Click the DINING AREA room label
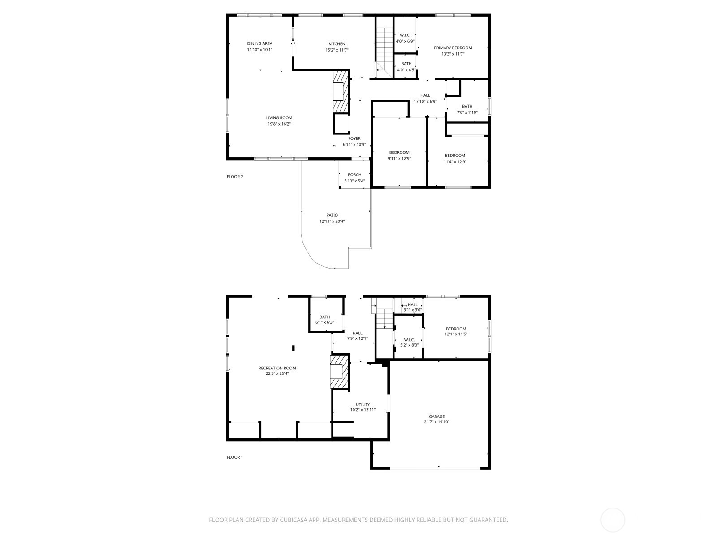click(259, 43)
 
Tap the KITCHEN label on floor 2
click(337, 44)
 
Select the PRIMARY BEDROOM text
click(453, 48)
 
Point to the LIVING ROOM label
click(279, 118)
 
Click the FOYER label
click(354, 139)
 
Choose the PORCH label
click(354, 175)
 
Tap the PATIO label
click(332, 215)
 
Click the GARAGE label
click(436, 417)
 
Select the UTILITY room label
click(363, 404)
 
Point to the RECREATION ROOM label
click(277, 368)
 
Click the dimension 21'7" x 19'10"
click(436, 422)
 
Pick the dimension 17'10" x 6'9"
click(425, 101)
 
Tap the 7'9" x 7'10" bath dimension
click(467, 113)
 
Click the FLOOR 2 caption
click(235, 177)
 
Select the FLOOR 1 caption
click(235, 457)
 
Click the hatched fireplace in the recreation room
click(339, 372)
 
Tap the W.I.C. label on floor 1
click(409, 339)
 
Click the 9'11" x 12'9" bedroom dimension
click(399, 158)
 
